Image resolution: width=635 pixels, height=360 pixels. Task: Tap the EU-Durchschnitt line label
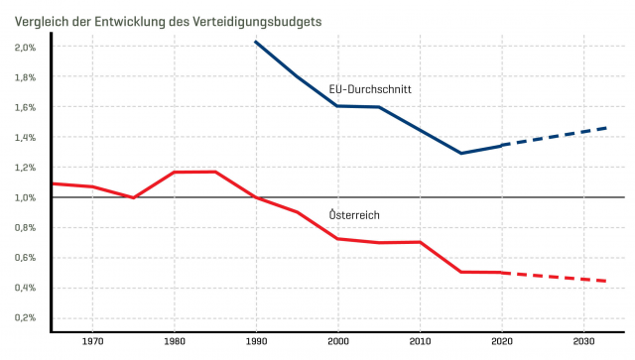tap(370, 89)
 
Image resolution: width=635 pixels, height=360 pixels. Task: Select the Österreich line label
tap(354, 215)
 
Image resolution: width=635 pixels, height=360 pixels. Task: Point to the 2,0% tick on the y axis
tap(26, 47)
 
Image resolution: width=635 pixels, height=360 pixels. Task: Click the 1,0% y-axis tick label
tap(26, 197)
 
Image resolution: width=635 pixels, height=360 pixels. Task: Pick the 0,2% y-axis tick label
tap(26, 318)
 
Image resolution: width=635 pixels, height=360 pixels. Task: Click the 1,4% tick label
tap(26, 137)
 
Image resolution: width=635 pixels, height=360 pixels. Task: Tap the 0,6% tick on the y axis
tap(26, 258)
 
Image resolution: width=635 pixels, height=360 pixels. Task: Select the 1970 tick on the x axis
tap(92, 342)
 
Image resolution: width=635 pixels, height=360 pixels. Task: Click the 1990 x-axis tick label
tap(256, 342)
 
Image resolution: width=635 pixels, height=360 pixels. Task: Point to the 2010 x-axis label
tap(420, 342)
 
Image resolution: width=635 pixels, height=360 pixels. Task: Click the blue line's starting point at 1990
tap(256, 42)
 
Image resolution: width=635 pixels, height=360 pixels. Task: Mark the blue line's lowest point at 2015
tap(460, 153)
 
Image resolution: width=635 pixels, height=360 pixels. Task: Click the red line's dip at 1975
tap(133, 197)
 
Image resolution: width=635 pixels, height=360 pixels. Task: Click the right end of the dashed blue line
tap(607, 127)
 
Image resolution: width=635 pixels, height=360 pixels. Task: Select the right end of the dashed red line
tap(607, 282)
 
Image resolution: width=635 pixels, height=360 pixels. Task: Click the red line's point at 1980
tap(175, 173)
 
